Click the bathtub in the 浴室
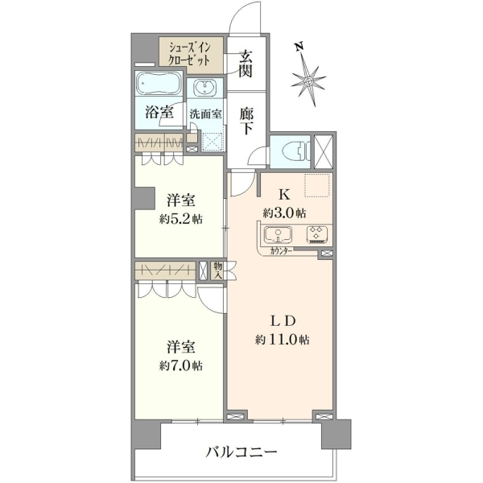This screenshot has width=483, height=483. [158, 84]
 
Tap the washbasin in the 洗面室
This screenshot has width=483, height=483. [204, 87]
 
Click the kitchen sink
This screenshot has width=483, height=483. [279, 235]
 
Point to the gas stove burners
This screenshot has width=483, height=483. [317, 233]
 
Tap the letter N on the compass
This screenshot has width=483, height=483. [299, 47]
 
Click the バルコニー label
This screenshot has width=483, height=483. [242, 452]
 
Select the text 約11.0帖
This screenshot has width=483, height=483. [283, 340]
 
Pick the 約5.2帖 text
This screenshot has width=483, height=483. [181, 219]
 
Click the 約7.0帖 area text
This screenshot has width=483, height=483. [181, 365]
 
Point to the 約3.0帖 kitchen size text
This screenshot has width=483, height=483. [284, 213]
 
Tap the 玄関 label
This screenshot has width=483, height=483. [246, 64]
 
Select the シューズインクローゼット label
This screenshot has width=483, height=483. [189, 54]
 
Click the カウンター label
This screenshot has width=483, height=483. [281, 251]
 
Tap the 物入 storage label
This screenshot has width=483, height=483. [218, 270]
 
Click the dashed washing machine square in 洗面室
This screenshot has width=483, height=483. [212, 142]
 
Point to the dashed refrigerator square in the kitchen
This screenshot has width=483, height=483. [318, 185]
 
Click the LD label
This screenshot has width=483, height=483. [283, 321]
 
